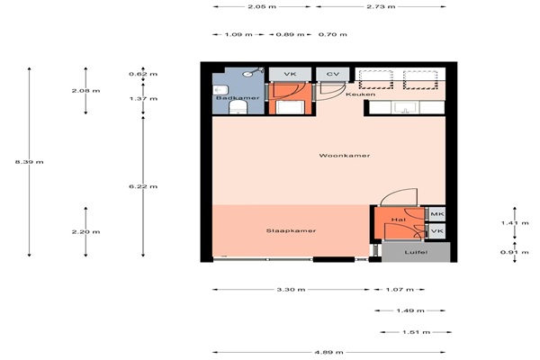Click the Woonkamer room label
(x=345, y=156)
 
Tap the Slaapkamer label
(x=291, y=230)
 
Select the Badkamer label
(x=238, y=98)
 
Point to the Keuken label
(x=361, y=94)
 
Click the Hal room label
(x=399, y=220)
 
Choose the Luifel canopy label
(x=416, y=252)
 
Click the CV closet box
(x=333, y=75)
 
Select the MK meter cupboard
(x=437, y=214)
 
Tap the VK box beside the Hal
(x=437, y=231)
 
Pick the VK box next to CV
(x=290, y=75)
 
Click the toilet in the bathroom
(x=238, y=107)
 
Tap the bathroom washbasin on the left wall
(x=220, y=90)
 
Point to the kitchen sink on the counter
(x=405, y=107)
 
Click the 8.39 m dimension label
(x=30, y=162)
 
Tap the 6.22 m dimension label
(x=143, y=186)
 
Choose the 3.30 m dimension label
(x=291, y=290)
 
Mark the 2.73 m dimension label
(x=381, y=6)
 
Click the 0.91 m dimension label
(x=515, y=252)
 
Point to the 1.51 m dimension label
(x=417, y=332)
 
